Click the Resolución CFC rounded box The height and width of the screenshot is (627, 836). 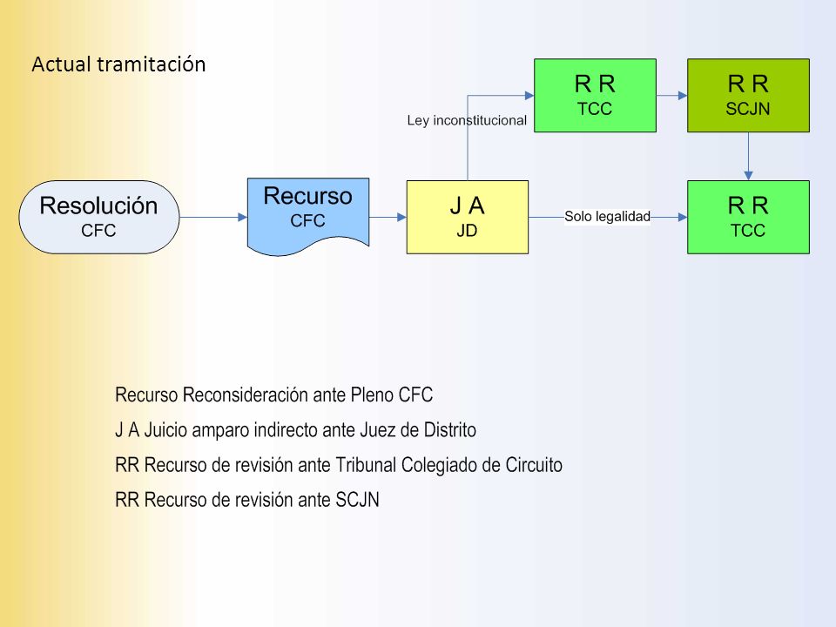pyautogui.click(x=99, y=217)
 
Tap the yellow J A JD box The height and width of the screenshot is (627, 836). pyautogui.click(x=468, y=217)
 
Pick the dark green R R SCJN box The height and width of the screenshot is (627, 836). pyautogui.click(x=749, y=96)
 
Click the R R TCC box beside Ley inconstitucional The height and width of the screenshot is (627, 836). pyautogui.click(x=595, y=96)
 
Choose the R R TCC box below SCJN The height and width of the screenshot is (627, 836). pyautogui.click(x=749, y=217)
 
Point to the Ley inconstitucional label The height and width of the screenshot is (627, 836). pyautogui.click(x=467, y=120)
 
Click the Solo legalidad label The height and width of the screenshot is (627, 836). pyautogui.click(x=607, y=217)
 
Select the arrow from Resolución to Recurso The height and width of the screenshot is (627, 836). pyautogui.click(x=213, y=217)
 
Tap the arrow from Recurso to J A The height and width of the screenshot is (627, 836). pyautogui.click(x=388, y=217)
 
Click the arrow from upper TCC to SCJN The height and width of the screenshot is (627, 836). pyautogui.click(x=671, y=96)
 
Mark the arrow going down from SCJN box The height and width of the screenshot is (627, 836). pyautogui.click(x=749, y=156)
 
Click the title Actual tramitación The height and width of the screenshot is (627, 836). pyautogui.click(x=119, y=64)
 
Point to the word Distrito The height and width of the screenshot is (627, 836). pyautogui.click(x=450, y=429)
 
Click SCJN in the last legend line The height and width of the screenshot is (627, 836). pyautogui.click(x=357, y=500)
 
